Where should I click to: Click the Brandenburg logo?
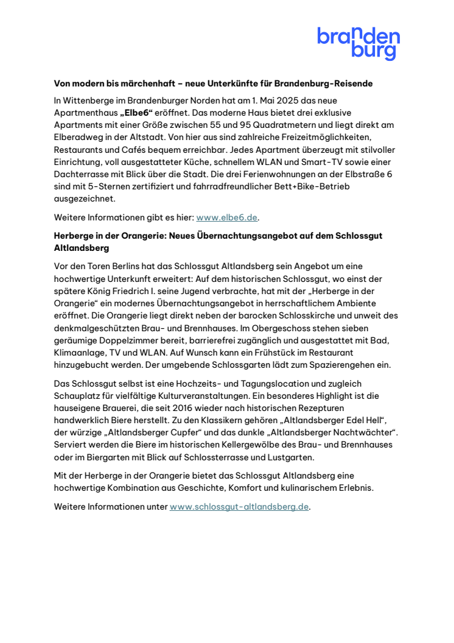tap(358, 43)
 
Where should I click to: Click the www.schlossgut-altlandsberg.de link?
tap(239, 507)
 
